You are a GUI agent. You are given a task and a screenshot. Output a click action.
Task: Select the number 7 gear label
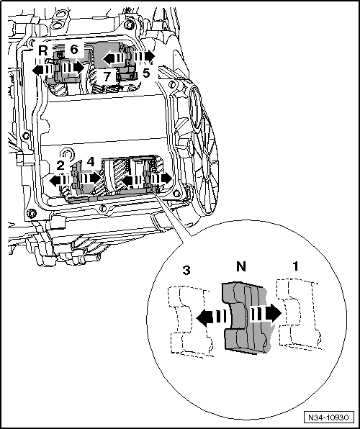tap(106, 76)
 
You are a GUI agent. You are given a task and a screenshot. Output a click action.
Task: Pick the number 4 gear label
tap(91, 163)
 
